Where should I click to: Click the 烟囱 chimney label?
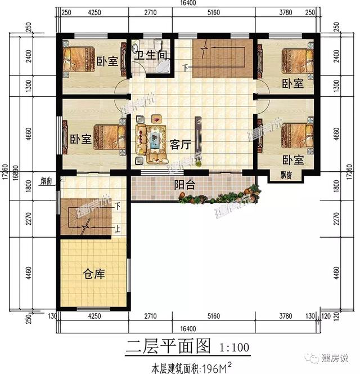(46, 181)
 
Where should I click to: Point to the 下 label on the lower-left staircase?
(118, 207)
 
